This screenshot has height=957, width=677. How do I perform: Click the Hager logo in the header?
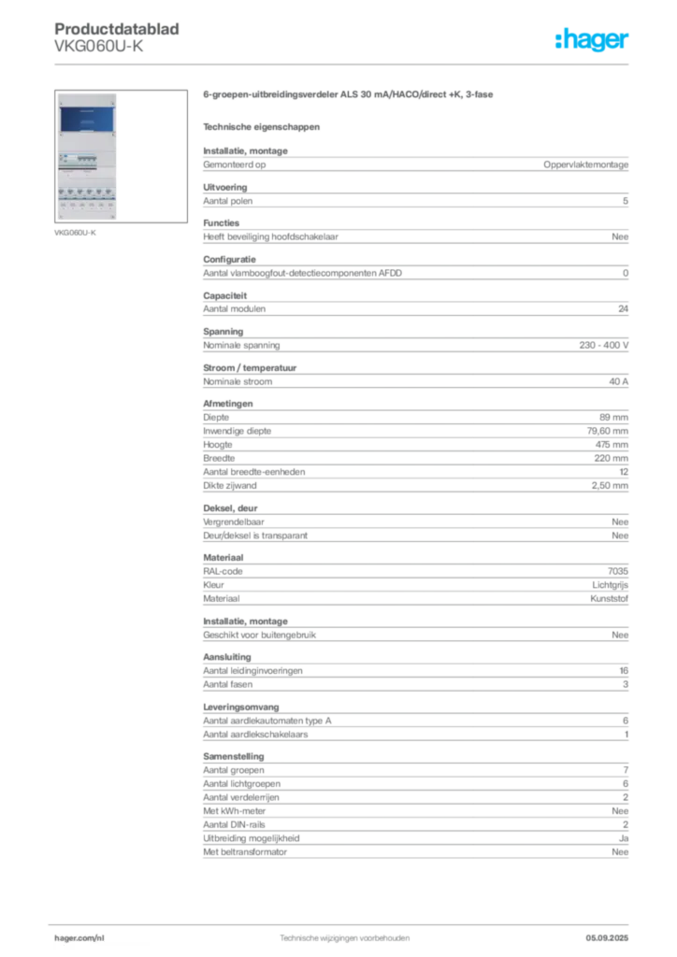click(x=591, y=39)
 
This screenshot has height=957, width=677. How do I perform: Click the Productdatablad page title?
click(x=117, y=29)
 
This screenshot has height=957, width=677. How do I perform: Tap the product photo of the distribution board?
click(x=87, y=157)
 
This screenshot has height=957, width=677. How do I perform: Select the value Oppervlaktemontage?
click(x=585, y=164)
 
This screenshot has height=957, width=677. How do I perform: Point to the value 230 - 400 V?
click(x=604, y=346)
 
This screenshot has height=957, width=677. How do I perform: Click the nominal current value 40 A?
click(x=618, y=381)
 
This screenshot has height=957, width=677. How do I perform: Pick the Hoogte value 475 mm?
click(x=612, y=445)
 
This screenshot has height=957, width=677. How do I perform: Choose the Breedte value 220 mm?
click(x=611, y=458)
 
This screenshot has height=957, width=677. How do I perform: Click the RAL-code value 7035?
click(x=618, y=571)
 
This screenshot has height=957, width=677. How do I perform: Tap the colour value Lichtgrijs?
click(x=610, y=585)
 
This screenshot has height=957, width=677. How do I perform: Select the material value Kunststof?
click(x=610, y=599)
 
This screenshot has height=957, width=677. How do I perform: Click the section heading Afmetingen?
click(x=228, y=404)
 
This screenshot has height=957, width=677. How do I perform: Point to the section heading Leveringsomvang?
click(x=241, y=707)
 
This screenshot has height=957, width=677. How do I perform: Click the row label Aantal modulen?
click(x=235, y=309)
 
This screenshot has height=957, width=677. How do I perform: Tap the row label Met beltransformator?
click(x=245, y=852)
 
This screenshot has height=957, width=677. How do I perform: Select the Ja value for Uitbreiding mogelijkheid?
click(x=624, y=838)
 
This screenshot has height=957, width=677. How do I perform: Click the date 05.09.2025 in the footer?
click(x=607, y=938)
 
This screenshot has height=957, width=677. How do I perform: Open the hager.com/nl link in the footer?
click(x=79, y=938)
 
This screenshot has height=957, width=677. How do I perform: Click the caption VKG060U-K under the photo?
click(x=75, y=233)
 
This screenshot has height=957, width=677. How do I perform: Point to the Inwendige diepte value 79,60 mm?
click(x=608, y=431)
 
